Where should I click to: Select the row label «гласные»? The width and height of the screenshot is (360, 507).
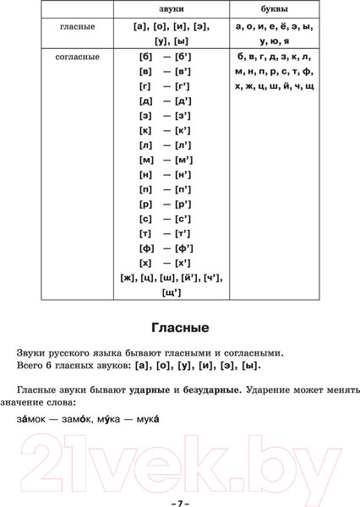coord(78,27)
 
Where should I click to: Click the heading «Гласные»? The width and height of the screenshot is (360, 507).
coord(180,328)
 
